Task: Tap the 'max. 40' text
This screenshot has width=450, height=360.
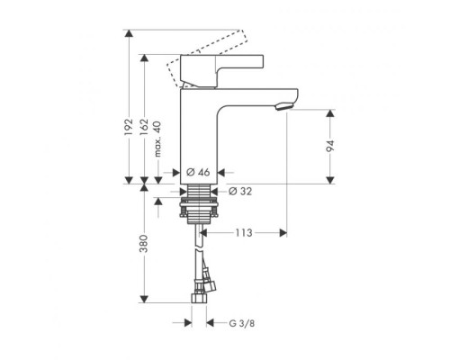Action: (x=157, y=139)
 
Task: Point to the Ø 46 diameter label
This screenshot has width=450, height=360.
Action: (x=198, y=172)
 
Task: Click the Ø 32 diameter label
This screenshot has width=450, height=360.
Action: (x=240, y=191)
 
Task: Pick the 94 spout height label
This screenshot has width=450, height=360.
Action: (x=330, y=146)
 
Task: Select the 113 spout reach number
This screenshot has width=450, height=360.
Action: (x=243, y=233)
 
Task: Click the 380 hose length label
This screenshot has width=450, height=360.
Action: (x=144, y=244)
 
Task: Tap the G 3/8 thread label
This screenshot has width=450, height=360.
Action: (x=242, y=323)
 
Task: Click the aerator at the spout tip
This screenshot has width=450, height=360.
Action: (x=283, y=107)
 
